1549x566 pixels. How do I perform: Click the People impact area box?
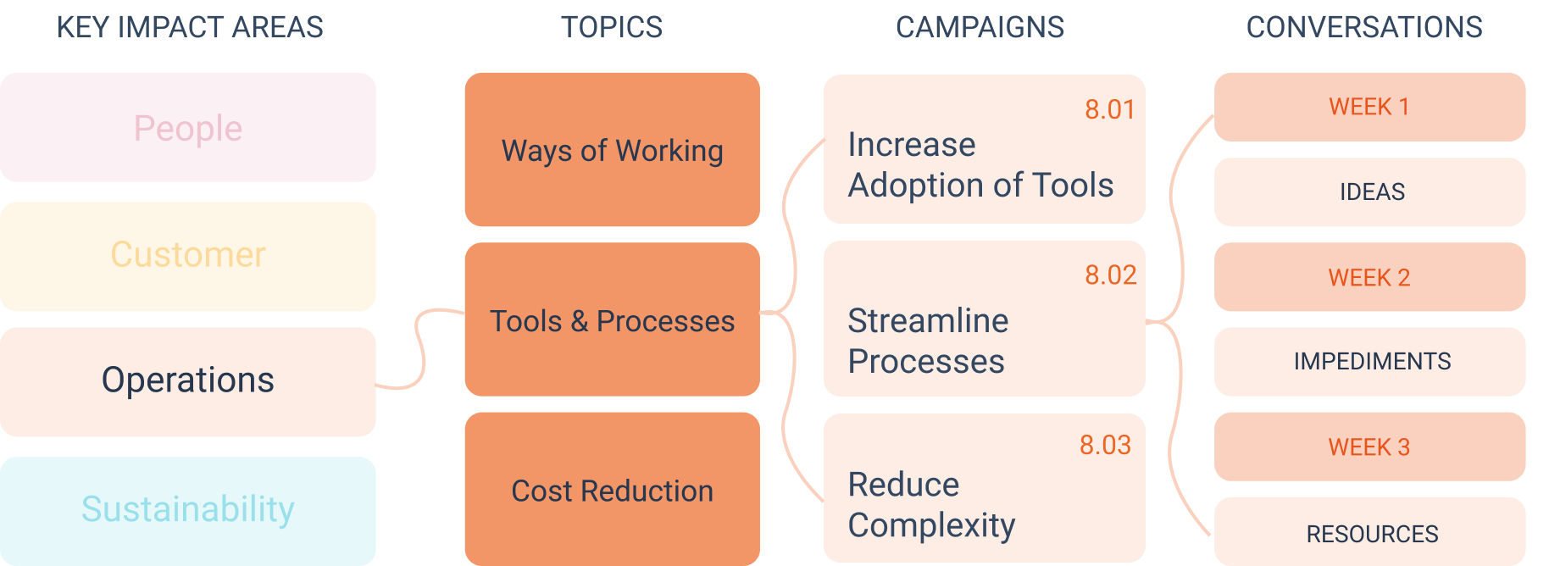(187, 127)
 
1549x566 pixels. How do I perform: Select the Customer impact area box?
(187, 256)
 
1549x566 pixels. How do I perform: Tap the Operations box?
(187, 381)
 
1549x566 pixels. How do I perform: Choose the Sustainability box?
(187, 511)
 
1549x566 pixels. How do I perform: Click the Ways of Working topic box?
(612, 149)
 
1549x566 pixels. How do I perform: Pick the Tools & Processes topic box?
(612, 319)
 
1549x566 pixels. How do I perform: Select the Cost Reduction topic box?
(612, 489)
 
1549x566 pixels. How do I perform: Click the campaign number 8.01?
(1109, 109)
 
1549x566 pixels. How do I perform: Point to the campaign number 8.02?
(1110, 275)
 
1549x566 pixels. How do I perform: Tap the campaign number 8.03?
(1105, 445)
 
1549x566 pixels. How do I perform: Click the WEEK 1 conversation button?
(1369, 107)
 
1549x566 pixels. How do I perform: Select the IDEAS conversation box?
(1369, 191)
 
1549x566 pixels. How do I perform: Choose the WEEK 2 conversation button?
(1369, 277)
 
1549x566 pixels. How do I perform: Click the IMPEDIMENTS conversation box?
(1369, 362)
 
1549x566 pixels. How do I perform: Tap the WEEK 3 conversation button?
(1369, 447)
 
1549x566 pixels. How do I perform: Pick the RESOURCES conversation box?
(1369, 531)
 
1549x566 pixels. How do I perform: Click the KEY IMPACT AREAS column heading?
(190, 27)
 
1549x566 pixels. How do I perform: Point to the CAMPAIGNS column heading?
(980, 27)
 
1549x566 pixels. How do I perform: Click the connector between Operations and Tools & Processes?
(419, 349)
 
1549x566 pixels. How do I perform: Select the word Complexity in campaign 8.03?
(931, 526)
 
